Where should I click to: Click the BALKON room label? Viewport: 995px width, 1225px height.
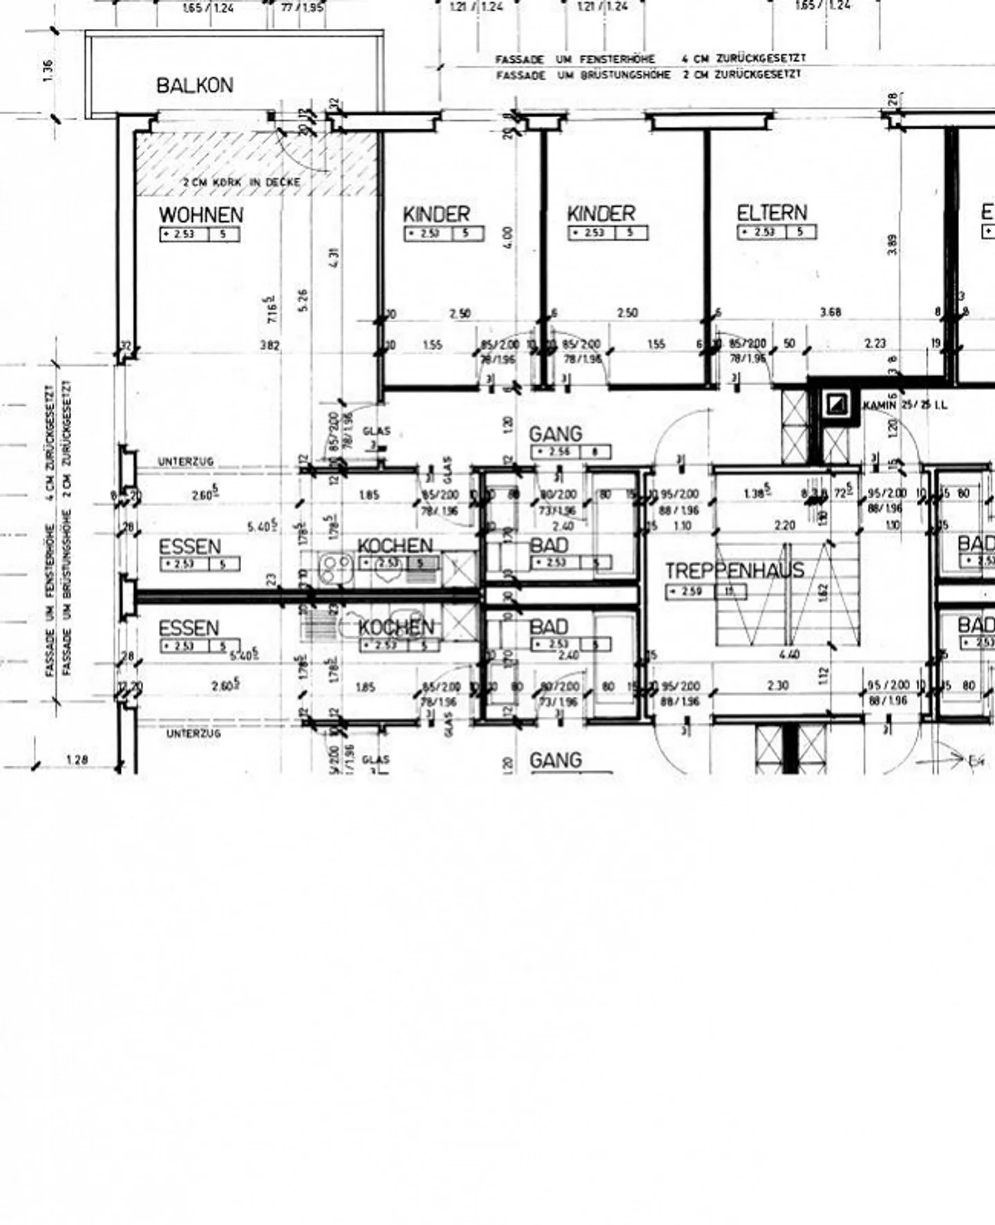point(195,86)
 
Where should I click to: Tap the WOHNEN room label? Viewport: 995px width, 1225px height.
point(200,215)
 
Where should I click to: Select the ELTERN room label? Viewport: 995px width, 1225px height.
point(771,213)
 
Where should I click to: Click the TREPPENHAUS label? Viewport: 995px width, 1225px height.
point(735,570)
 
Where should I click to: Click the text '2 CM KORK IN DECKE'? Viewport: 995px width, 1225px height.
point(242,183)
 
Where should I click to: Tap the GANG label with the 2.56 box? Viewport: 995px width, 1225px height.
point(556,434)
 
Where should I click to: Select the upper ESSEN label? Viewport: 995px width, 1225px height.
point(189,547)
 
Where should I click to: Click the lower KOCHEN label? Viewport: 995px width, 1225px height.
point(396,627)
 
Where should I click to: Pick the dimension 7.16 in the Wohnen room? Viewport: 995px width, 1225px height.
point(274,308)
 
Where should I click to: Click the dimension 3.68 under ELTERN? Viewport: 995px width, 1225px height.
point(830,312)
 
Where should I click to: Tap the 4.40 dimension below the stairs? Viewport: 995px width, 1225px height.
point(789,654)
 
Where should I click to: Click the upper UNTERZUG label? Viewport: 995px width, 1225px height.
point(186,462)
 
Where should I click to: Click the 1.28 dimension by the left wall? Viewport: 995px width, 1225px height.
point(77,760)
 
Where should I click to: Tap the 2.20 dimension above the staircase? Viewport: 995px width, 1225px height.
point(784,525)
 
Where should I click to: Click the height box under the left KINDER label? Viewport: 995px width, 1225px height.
point(444,234)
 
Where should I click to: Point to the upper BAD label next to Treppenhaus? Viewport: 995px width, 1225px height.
point(549,545)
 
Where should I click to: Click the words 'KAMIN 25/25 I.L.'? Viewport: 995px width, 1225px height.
point(905,405)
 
